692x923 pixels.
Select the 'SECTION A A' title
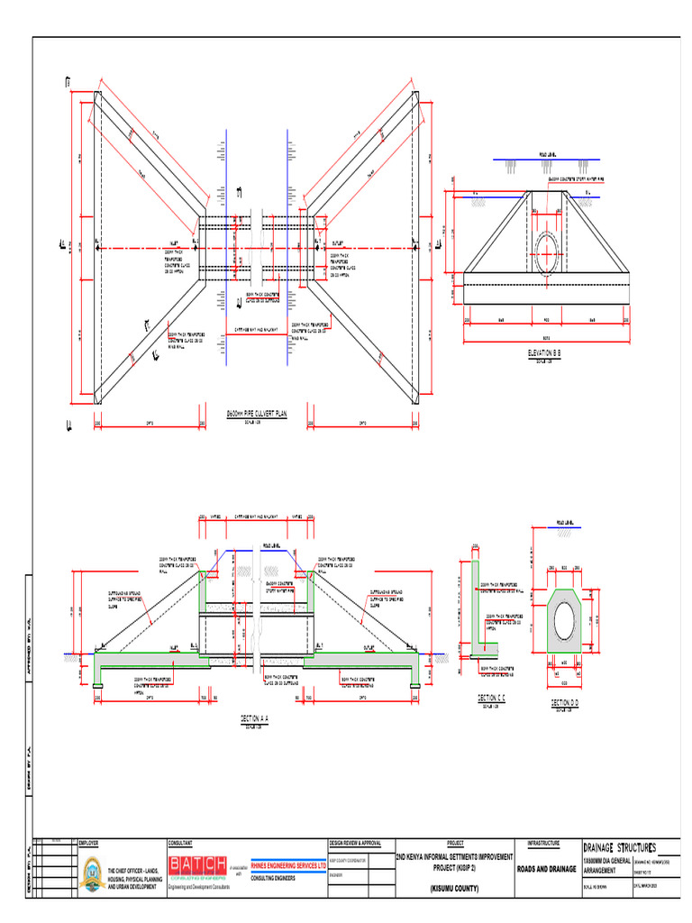254,718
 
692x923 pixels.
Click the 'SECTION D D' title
565,702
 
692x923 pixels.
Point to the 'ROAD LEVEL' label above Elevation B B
551,154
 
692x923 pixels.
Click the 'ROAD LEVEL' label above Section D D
566,521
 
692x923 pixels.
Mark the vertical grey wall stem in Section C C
475,604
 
